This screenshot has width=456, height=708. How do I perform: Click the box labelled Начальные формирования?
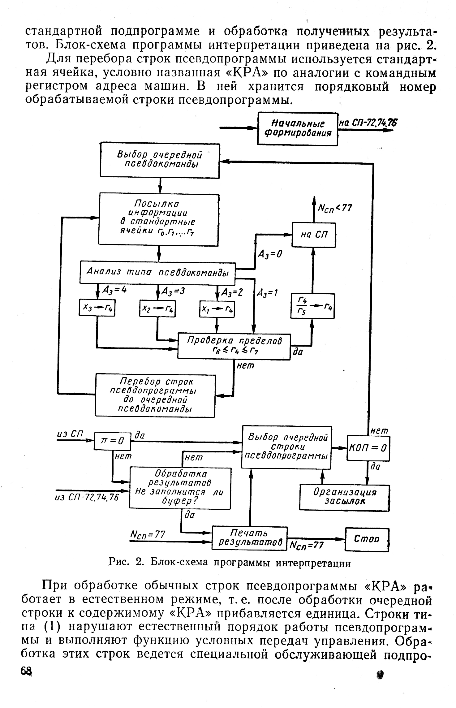pos(297,129)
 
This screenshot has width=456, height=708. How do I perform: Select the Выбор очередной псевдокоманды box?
pos(160,160)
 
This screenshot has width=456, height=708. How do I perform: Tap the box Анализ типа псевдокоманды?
pos(157,273)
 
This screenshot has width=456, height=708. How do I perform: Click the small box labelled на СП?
pos(313,235)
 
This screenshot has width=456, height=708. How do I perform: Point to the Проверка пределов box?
pos(234,346)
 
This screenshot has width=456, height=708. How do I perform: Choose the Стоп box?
pos(367,539)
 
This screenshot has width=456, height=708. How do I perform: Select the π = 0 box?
pos(112,441)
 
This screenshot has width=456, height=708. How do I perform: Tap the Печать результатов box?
pos(249,538)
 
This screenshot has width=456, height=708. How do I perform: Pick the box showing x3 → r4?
pos(97,308)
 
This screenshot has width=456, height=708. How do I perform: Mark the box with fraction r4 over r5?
pos(312,306)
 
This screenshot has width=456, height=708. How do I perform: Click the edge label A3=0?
pos(270,254)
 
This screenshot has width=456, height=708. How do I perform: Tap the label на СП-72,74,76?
pos(368,123)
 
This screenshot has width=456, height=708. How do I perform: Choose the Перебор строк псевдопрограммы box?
pos(155,395)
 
